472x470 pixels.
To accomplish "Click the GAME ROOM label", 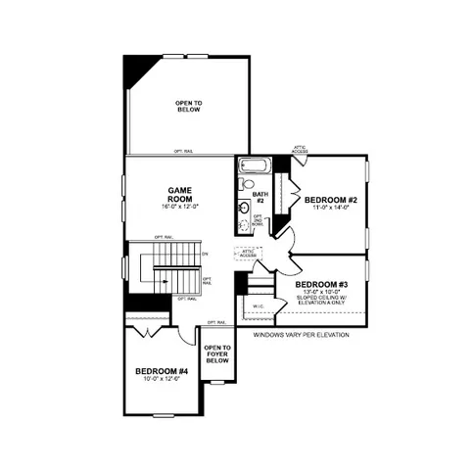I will point(179,193).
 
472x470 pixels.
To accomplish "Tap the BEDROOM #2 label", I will point(330,200).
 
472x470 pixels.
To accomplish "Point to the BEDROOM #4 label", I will point(162,371).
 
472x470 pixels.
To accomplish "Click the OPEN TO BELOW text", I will point(188,107).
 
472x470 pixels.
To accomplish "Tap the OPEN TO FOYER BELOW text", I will point(217,353).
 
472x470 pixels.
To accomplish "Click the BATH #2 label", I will point(260,198).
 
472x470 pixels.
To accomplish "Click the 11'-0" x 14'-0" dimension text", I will point(330,209).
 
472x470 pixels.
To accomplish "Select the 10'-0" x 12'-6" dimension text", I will point(162,380).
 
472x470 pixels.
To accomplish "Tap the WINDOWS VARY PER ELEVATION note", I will point(302,335).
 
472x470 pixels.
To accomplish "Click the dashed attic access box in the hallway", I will point(249,253).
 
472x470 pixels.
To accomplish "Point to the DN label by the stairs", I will point(204,255).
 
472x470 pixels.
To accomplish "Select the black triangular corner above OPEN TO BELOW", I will point(133,69).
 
